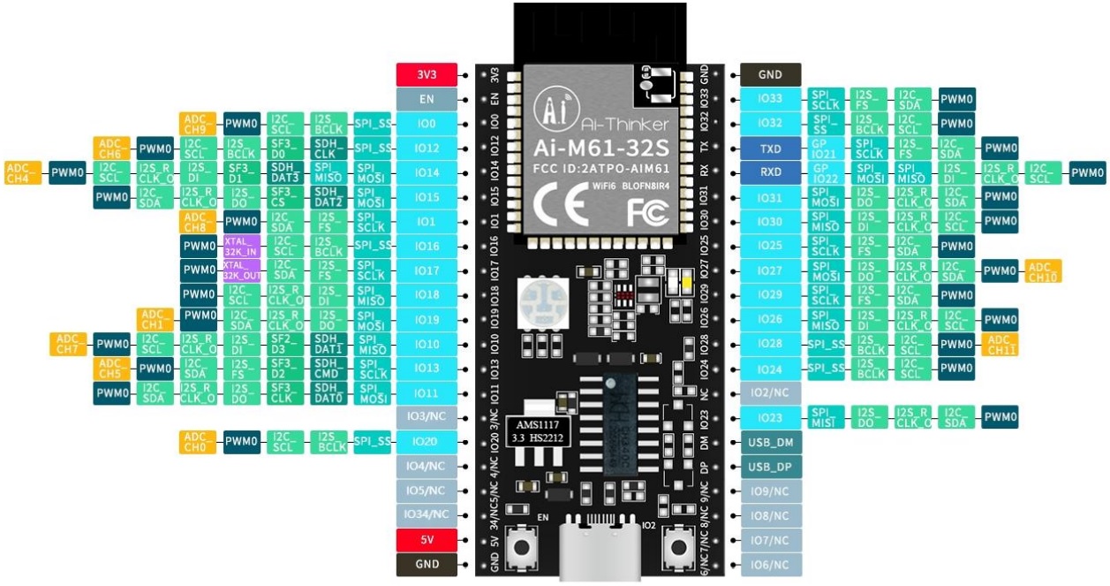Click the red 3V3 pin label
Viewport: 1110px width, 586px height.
(x=427, y=74)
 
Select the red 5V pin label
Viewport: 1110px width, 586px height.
(x=427, y=539)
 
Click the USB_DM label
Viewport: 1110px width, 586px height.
(x=771, y=442)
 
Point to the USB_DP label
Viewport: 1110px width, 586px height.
(x=771, y=466)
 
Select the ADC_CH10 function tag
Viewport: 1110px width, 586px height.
(x=1043, y=271)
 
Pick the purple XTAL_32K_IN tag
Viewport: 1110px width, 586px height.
(x=241, y=246)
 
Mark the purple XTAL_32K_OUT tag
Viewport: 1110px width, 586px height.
(x=241, y=270)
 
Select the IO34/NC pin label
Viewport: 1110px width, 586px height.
(x=427, y=514)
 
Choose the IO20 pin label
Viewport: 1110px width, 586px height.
(x=427, y=441)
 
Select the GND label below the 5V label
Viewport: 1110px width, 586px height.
(x=427, y=564)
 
